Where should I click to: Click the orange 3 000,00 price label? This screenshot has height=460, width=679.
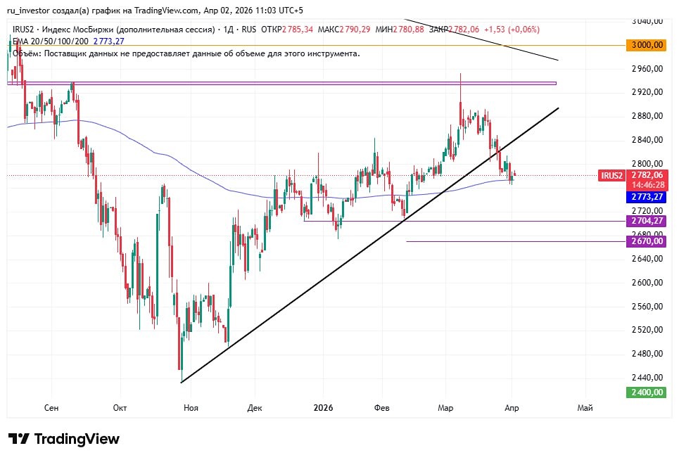pos(646,45)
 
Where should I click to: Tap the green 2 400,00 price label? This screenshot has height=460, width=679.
pos(646,392)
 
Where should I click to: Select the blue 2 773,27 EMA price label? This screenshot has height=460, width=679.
pos(646,198)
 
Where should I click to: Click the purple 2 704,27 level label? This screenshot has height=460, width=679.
pos(646,221)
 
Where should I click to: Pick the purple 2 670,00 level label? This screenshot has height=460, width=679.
pos(646,241)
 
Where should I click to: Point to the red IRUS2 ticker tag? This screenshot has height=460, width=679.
pos(611,175)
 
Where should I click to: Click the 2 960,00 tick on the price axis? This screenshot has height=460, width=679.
pos(647,69)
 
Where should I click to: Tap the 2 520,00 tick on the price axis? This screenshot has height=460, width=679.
pos(647,329)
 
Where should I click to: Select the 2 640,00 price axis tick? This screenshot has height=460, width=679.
pos(647,258)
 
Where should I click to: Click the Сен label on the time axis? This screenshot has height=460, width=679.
pos(51,408)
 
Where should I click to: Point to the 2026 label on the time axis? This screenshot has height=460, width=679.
pos(323,408)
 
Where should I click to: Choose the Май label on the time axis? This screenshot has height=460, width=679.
pos(584,408)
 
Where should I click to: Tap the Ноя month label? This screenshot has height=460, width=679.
pos(190,408)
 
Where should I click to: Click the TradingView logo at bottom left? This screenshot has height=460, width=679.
pos(64,439)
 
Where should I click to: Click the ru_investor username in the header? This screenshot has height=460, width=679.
pos(32,11)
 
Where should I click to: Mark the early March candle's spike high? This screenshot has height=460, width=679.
pos(460,74)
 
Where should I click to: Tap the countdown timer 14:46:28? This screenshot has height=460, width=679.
pos(646,184)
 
